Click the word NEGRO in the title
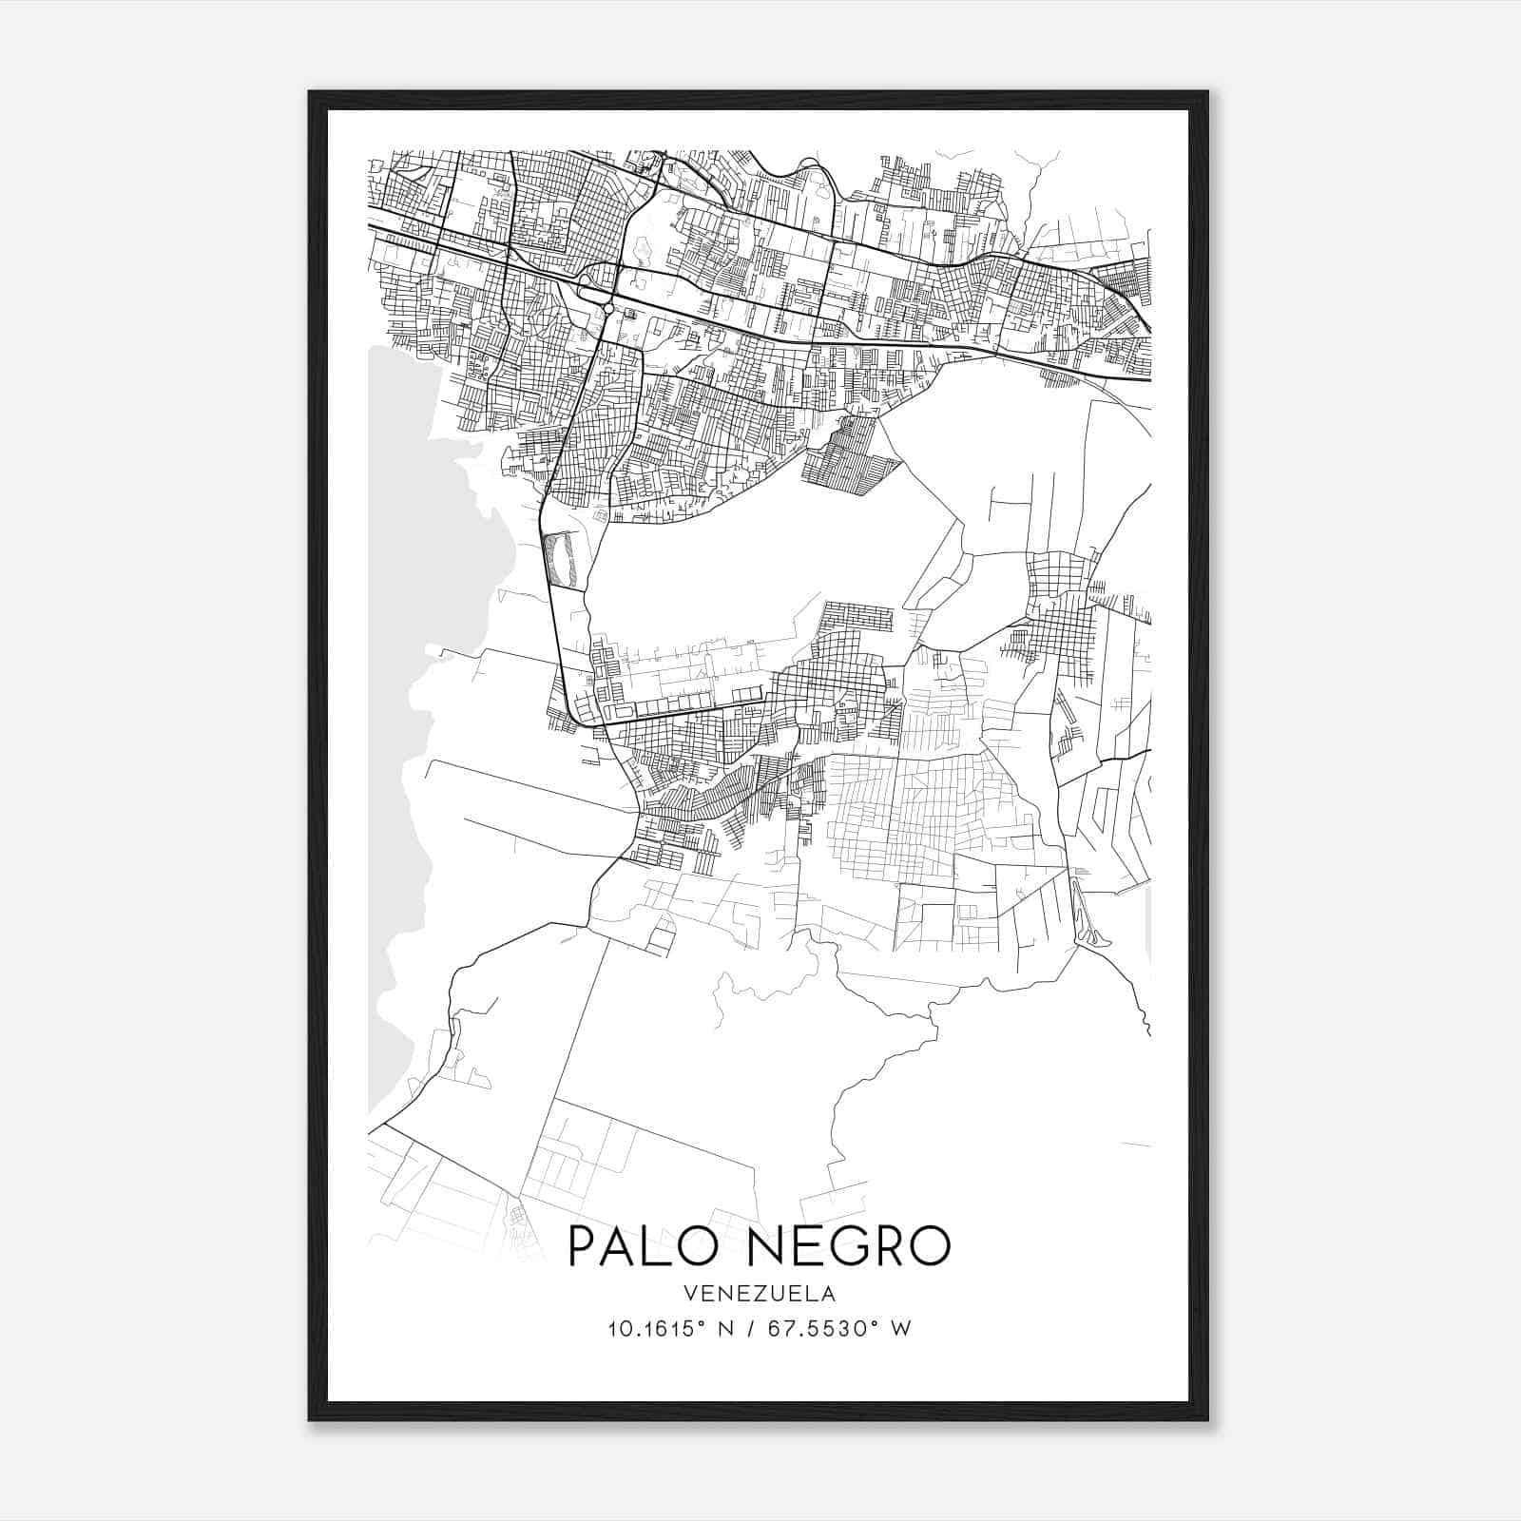coord(842,1246)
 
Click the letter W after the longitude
coord(901,1329)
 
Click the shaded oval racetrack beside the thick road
coord(559,559)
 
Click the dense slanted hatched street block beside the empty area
coord(851,456)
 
